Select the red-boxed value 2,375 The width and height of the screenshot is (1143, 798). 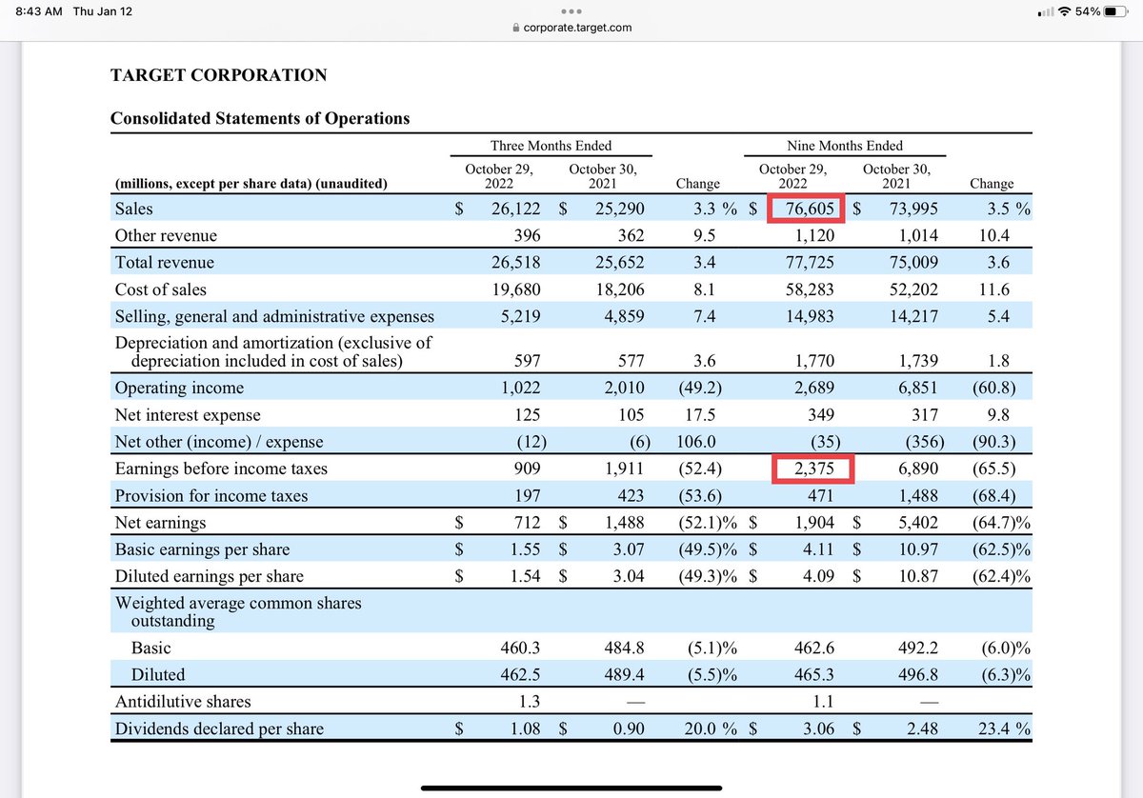click(x=813, y=469)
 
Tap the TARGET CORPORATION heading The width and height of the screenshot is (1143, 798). click(x=219, y=75)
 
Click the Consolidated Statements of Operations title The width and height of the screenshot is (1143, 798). click(x=260, y=119)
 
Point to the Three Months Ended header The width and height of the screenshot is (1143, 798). click(x=551, y=146)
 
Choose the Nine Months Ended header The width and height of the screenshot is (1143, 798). click(x=845, y=146)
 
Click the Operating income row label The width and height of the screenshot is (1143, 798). click(x=179, y=388)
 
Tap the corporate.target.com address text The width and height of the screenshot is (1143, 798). click(x=577, y=28)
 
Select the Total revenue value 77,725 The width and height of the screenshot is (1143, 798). click(x=808, y=263)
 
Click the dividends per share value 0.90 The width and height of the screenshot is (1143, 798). click(x=626, y=729)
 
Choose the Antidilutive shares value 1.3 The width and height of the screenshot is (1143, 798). click(x=528, y=702)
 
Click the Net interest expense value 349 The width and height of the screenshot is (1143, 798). click(x=820, y=415)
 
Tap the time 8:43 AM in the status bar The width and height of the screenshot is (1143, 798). click(x=38, y=12)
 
